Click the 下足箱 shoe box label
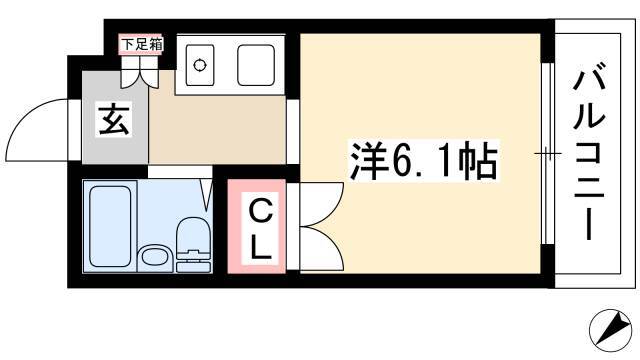pos(141,44)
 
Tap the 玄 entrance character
pos(114,119)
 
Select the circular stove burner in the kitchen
pos(200,65)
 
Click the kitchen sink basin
pos(256,65)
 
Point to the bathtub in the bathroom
pos(110,226)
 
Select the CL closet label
pos(260,231)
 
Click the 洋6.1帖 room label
pos(423,160)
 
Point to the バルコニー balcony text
pos(588,155)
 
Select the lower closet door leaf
pos(322,248)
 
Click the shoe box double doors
pos(139,72)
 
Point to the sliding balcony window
pos(548,154)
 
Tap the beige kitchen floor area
pos(216,130)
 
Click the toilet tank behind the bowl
pos(194,262)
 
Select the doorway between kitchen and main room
pos(293,131)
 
